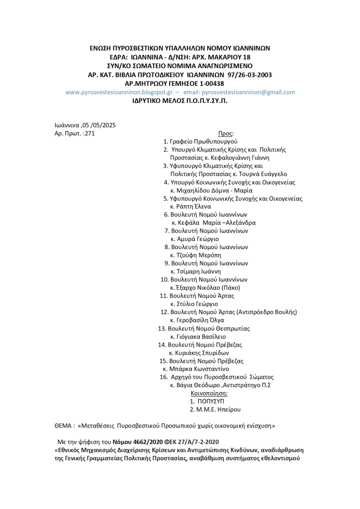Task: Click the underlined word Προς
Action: click(225, 133)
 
